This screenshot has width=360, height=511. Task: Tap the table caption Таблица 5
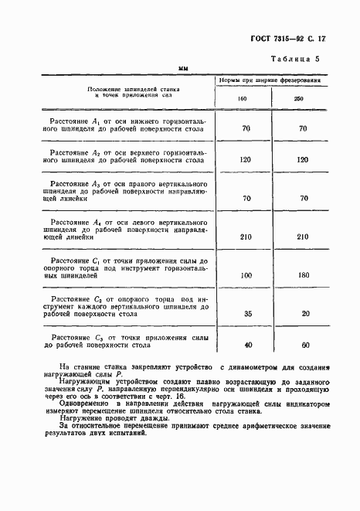[x=299, y=60]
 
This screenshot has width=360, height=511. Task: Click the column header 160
[x=242, y=99]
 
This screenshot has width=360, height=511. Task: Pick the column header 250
[x=297, y=99]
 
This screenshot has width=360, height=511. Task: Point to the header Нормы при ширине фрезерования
[x=270, y=80]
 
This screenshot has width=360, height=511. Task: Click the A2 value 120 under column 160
[x=246, y=159]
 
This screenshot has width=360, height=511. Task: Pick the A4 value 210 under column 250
[x=303, y=237]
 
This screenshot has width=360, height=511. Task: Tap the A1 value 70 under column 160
[x=246, y=128]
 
